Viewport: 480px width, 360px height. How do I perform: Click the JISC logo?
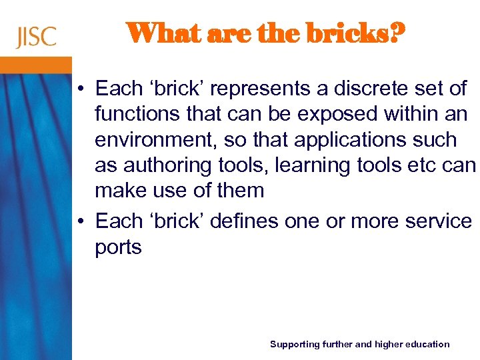point(37,37)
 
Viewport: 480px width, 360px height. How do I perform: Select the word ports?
point(118,247)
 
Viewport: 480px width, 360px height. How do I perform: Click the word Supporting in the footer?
point(294,344)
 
